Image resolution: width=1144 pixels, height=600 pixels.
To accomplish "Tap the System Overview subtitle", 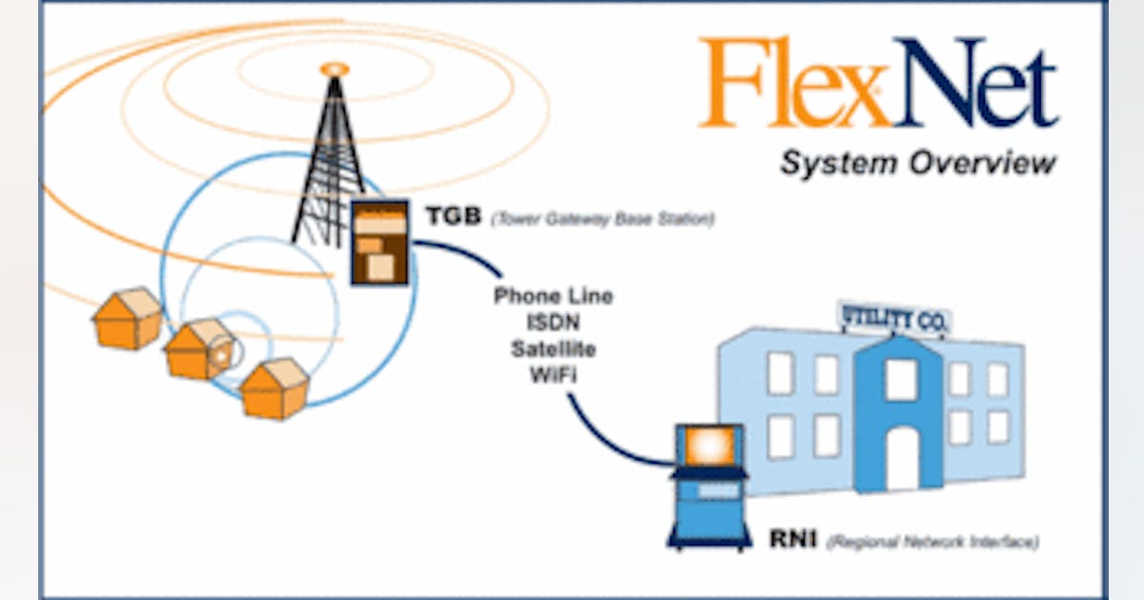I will [x=917, y=163].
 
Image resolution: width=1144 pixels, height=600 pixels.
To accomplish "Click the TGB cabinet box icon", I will [x=379, y=243].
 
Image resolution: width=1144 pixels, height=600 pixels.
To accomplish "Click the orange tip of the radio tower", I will [x=335, y=70].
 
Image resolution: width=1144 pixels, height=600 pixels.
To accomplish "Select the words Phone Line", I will [x=553, y=296].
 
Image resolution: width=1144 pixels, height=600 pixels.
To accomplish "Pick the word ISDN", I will [x=553, y=323].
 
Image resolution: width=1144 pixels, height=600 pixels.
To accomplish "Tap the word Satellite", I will [x=553, y=350].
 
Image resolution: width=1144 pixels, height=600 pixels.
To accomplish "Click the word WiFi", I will [x=553, y=375].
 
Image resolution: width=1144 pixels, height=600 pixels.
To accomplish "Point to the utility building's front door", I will [x=901, y=458].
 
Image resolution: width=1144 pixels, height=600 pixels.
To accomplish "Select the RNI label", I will [x=792, y=540].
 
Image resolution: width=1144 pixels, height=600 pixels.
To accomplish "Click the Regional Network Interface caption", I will [x=931, y=543].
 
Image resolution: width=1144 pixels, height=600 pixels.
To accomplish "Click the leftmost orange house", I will [x=128, y=319].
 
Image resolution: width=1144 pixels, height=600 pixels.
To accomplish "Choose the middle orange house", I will [x=199, y=350].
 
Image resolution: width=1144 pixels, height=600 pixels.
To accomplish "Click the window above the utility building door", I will [x=901, y=379].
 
